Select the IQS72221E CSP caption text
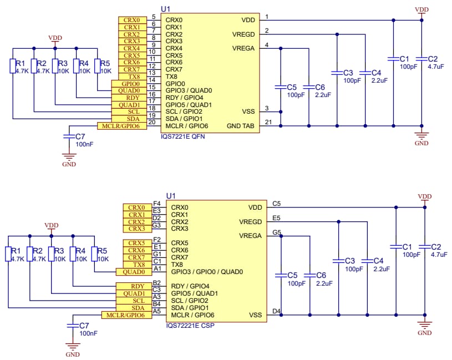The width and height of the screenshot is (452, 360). coord(190,325)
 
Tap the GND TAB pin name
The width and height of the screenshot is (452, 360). coord(241,126)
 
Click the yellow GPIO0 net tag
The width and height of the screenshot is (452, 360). coord(131,84)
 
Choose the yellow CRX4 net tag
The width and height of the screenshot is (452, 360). coord(131,48)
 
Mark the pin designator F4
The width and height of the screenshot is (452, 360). coord(156,204)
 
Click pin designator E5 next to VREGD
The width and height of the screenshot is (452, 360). coord(276,218)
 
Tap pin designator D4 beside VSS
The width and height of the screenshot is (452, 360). coord(276,311)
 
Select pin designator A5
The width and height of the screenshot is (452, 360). coord(156,311)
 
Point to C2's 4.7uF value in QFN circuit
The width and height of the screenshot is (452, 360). coord(436,67)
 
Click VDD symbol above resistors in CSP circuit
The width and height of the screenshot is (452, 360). coord(51,227)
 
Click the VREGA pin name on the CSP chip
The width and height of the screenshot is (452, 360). coord(250,236)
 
